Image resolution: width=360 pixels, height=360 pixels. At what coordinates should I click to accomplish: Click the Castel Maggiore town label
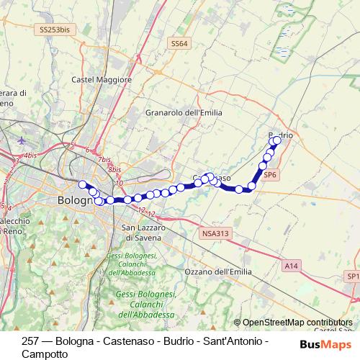[x=102, y=79]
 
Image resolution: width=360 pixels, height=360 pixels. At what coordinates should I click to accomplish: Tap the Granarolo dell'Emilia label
[x=184, y=113]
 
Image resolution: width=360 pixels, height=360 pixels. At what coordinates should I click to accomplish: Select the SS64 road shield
[x=179, y=44]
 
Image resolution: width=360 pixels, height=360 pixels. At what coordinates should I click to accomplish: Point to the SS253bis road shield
[x=55, y=30]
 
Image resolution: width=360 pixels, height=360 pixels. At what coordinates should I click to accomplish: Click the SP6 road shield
[x=270, y=174]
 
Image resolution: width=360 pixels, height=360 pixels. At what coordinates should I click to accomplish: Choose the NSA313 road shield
[x=214, y=233]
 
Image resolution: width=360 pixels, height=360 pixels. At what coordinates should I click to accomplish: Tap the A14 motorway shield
[x=290, y=266]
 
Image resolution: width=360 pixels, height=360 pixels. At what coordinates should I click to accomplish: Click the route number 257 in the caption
[x=31, y=341]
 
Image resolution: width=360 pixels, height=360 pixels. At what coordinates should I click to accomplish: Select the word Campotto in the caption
[x=45, y=353]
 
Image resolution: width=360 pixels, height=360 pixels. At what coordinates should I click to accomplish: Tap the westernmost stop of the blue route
[x=82, y=184]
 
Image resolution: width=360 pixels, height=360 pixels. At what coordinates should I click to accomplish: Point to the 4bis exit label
[x=30, y=155]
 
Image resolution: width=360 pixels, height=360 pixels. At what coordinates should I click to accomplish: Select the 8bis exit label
[x=114, y=169]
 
